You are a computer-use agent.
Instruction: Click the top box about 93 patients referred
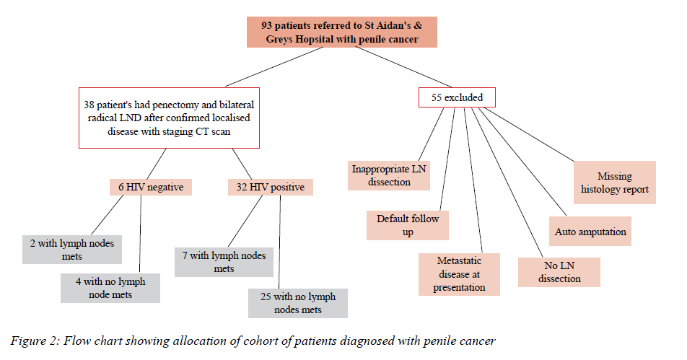click(342, 32)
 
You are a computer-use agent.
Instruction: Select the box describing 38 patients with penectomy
click(168, 118)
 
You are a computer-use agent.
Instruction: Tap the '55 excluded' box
click(451, 97)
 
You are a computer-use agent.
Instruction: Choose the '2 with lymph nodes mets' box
click(71, 250)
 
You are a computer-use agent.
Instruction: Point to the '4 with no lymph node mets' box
click(110, 288)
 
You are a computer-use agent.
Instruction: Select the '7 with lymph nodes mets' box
click(224, 262)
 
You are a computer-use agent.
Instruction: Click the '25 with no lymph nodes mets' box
click(297, 303)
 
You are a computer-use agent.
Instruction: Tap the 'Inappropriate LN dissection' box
click(390, 175)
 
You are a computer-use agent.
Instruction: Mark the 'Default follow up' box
click(408, 225)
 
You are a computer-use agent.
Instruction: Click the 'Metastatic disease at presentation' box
click(459, 274)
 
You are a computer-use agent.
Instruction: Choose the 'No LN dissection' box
click(559, 272)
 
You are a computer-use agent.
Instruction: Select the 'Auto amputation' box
click(590, 232)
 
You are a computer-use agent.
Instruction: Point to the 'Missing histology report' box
click(614, 183)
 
